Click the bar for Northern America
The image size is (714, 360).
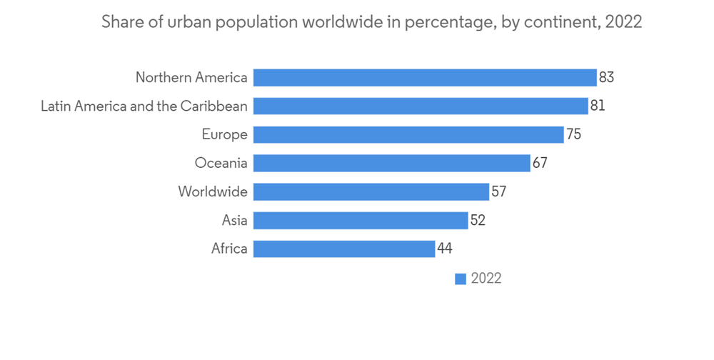pos(425,77)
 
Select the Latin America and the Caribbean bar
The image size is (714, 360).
pos(421,106)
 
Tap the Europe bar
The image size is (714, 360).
pos(408,134)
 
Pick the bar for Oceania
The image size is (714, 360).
pos(391,163)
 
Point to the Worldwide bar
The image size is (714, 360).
pos(371,191)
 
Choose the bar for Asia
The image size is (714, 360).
pos(361,220)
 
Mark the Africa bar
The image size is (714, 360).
pos(344,249)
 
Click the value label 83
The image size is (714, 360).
pos(606,77)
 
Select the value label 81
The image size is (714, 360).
pos(598,106)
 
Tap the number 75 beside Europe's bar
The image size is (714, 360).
pos(573,134)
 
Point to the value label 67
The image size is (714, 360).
pos(540,163)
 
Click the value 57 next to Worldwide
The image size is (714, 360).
pos(498,191)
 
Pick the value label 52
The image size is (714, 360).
pos(478,220)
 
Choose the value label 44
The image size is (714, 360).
pos(445,249)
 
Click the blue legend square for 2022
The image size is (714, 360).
pos(461,279)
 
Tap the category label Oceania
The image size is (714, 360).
pos(221,163)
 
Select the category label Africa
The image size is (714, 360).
pos(229,249)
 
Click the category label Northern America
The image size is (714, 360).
pos(191,77)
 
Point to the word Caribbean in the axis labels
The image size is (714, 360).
pos(215,106)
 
